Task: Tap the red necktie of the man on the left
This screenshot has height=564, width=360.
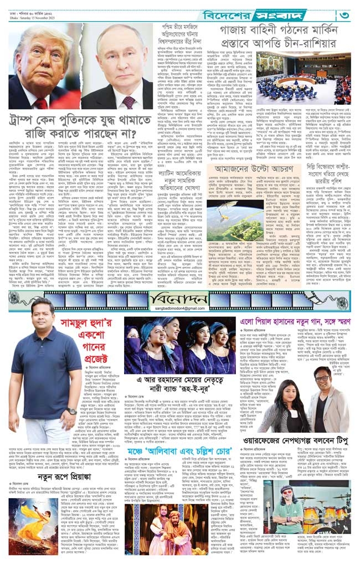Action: tap(42, 102)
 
